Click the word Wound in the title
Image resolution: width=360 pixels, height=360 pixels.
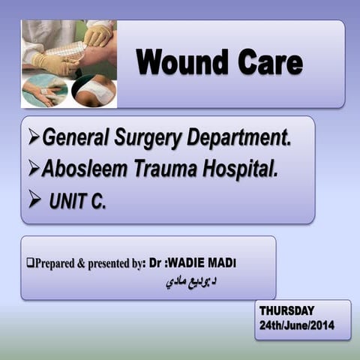click(x=183, y=62)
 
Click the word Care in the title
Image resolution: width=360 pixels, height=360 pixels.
click(x=268, y=62)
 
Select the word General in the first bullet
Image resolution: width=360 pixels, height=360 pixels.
click(x=75, y=137)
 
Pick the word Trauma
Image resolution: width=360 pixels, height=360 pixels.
click(x=168, y=169)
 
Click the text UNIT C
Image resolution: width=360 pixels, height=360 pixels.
click(x=78, y=202)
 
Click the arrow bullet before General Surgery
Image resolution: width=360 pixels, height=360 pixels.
click(x=33, y=138)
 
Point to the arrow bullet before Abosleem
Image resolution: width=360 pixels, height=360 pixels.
click(x=33, y=170)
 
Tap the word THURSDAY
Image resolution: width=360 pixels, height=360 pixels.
click(x=287, y=310)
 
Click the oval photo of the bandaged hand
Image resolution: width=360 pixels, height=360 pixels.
click(x=44, y=90)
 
